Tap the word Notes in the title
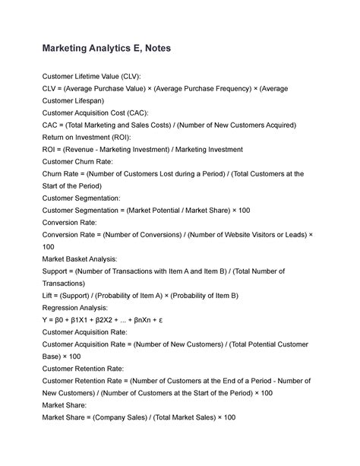click(x=155, y=49)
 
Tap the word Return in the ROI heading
click(x=55, y=137)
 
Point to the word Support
click(x=58, y=271)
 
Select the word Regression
click(x=64, y=307)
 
